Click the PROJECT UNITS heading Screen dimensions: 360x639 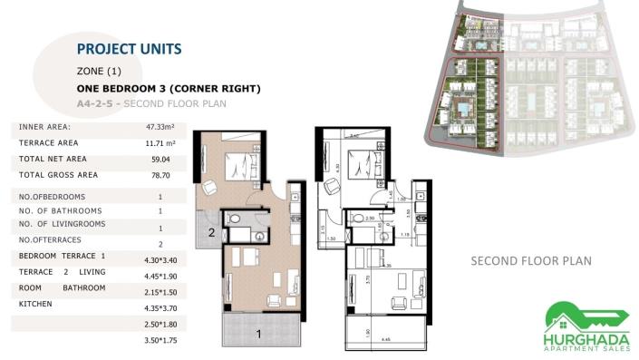point(129,49)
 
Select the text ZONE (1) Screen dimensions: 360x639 point(99,71)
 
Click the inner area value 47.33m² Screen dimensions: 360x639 point(160,128)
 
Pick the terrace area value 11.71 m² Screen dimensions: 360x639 point(160,143)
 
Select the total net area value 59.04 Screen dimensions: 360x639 point(160,160)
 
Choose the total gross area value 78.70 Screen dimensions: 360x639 point(160,175)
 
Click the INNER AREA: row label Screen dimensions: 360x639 point(44,127)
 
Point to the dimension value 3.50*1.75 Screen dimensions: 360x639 point(160,339)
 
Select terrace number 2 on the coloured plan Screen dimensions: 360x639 point(210,232)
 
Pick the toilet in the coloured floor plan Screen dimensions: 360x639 point(234,219)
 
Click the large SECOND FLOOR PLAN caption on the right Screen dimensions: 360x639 point(531,261)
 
